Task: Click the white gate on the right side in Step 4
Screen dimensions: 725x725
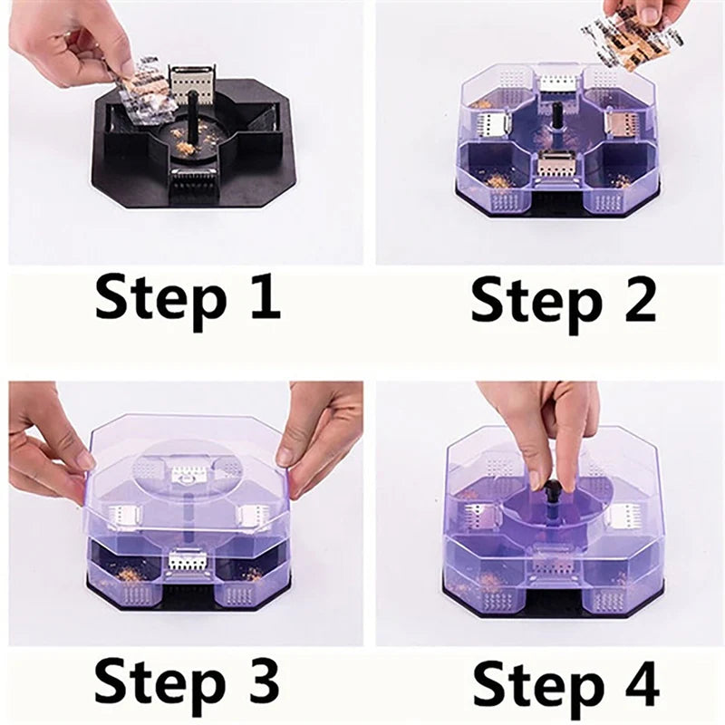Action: point(623,517)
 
